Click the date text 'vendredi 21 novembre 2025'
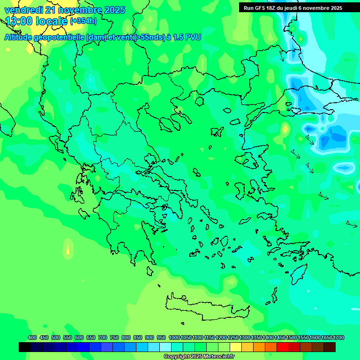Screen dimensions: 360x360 [65, 10]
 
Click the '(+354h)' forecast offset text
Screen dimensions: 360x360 [83, 21]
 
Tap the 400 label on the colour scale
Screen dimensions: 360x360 [32, 337]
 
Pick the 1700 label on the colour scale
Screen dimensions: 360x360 [327, 337]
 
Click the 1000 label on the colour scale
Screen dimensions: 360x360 [174, 337]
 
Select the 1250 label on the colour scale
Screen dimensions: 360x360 [233, 337]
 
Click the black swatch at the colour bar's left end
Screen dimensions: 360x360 [25, 347]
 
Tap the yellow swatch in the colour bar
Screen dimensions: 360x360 [236, 347]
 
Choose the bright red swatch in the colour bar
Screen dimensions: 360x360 [283, 347]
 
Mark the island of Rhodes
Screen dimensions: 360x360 [298, 273]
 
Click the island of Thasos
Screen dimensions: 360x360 [199, 101]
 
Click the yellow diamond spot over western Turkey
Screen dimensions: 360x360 [285, 128]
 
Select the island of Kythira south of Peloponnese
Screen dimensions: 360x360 [150, 271]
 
